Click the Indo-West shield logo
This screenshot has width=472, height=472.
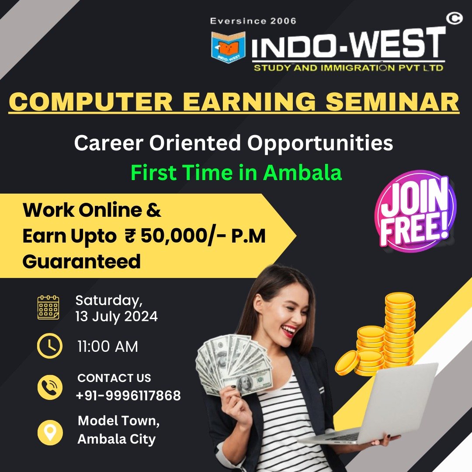click(228, 47)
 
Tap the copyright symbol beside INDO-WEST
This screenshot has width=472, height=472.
click(454, 19)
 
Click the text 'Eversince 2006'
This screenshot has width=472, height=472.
click(253, 21)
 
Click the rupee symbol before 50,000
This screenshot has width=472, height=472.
click(130, 236)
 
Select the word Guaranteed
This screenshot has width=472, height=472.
click(82, 262)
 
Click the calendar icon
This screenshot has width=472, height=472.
click(48, 307)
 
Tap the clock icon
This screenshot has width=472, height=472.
click(50, 346)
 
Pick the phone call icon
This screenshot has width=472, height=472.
click(50, 387)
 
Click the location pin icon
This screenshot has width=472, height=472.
click(50, 432)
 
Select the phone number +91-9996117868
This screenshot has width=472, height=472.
click(128, 396)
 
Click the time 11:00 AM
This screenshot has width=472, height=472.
click(108, 347)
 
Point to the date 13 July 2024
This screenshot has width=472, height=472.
click(117, 317)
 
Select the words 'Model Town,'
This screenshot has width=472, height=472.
click(118, 421)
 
